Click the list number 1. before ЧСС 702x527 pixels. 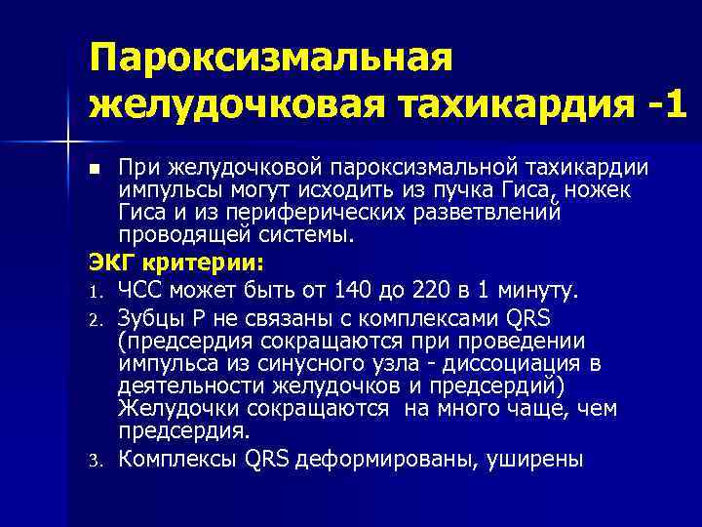pyautogui.click(x=100, y=292)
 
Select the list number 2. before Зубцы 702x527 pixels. pyautogui.click(x=100, y=317)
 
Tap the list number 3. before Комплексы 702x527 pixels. pyautogui.click(x=100, y=458)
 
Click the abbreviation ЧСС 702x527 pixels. pyautogui.click(x=144, y=290)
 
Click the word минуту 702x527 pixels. pyautogui.click(x=538, y=290)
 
